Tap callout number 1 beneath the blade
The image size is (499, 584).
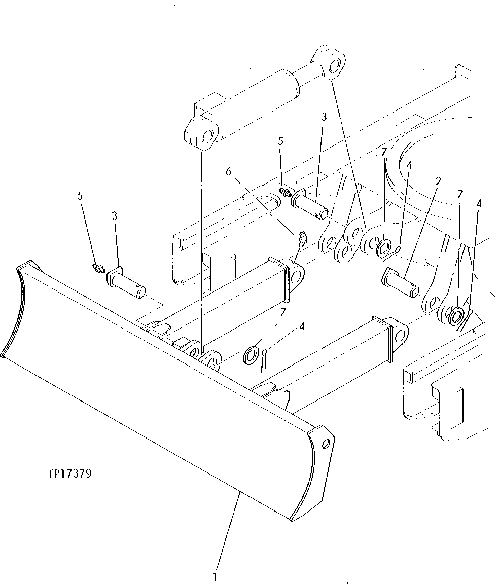(x=216, y=577)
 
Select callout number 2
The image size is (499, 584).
(x=438, y=181)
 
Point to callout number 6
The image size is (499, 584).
(x=228, y=172)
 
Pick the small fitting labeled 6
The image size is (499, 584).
(x=301, y=238)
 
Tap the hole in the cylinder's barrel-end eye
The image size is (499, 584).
(x=207, y=136)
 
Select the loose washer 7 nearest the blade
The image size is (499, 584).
(x=252, y=355)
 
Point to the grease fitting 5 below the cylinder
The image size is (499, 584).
(x=284, y=192)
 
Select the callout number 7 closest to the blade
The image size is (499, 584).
(x=283, y=311)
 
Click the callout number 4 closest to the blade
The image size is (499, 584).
(x=302, y=327)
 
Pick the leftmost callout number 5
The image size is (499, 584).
(x=80, y=196)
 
